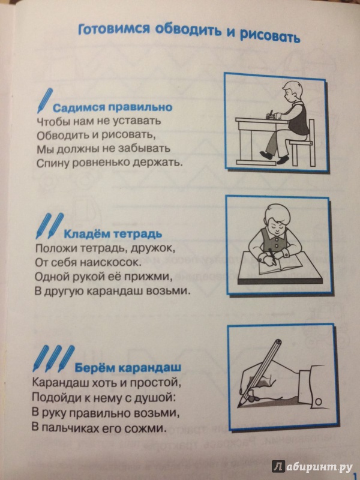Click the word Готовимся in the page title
click(114, 29)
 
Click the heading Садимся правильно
click(113, 108)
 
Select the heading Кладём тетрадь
click(113, 235)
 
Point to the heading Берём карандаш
click(128, 367)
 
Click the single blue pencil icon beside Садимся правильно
click(44, 101)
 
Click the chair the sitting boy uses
click(302, 143)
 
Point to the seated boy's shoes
click(275, 157)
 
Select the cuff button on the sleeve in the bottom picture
click(319, 401)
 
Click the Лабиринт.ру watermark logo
click(312, 466)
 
